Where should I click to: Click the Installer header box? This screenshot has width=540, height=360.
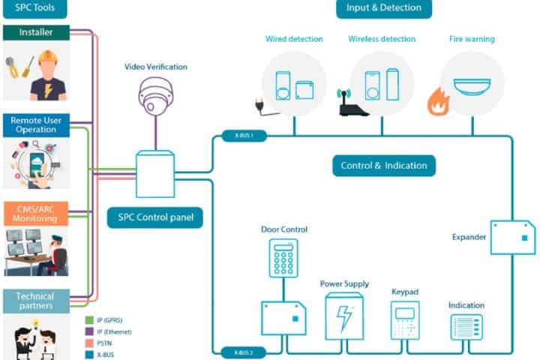[36, 32]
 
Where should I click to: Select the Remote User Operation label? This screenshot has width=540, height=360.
[36, 124]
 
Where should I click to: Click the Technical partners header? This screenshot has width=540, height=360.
[36, 301]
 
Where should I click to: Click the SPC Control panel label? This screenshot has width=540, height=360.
[155, 218]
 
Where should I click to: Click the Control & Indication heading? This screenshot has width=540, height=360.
[383, 166]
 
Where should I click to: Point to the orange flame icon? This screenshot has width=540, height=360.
[437, 102]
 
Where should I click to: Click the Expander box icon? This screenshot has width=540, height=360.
[513, 236]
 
